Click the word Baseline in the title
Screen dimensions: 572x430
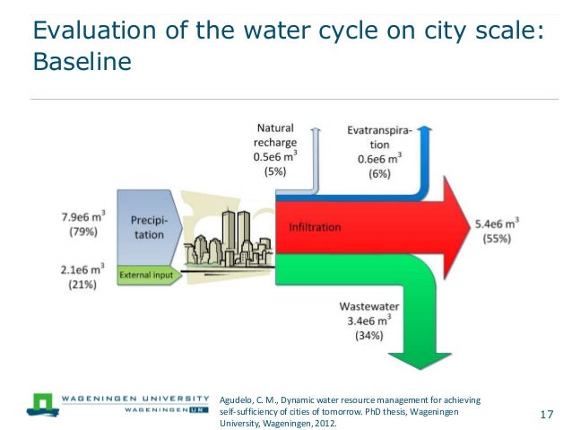(x=82, y=65)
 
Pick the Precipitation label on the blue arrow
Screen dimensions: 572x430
(x=150, y=226)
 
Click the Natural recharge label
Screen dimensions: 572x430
(x=282, y=136)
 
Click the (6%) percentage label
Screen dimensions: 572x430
(x=379, y=174)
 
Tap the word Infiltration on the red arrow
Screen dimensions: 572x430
(x=314, y=227)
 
